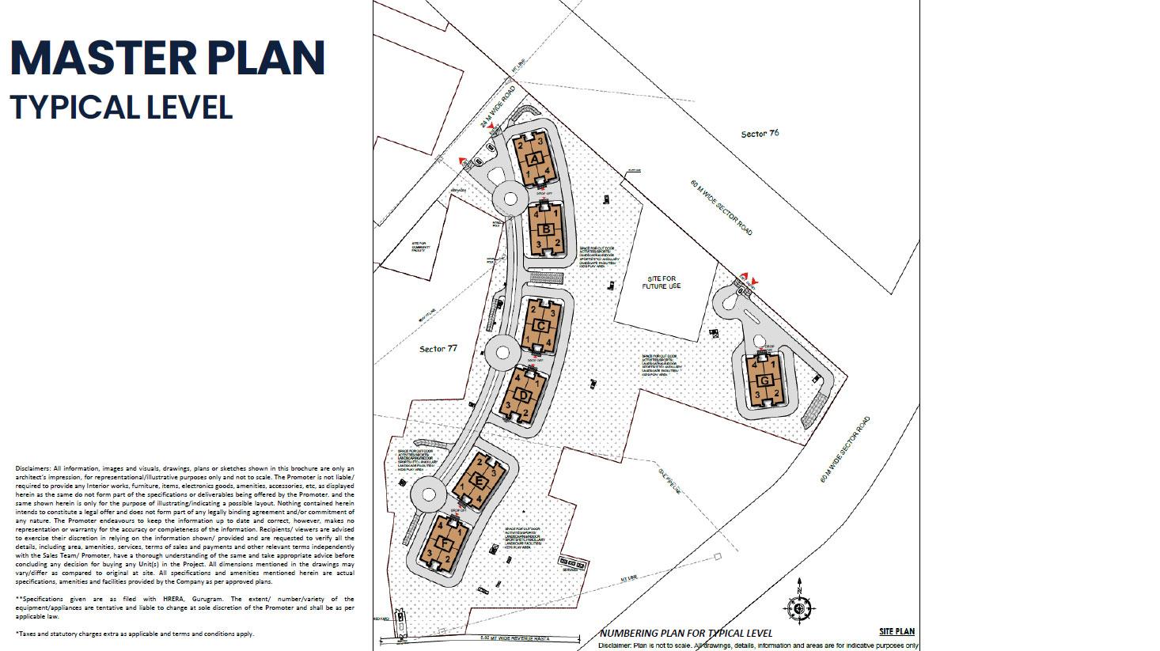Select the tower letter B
(545, 230)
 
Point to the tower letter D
(523, 395)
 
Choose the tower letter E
(479, 481)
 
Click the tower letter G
(764, 380)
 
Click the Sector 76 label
(760, 134)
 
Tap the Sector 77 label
(438, 349)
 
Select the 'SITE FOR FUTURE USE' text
(663, 282)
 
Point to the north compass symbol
(799, 607)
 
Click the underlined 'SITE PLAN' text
(897, 631)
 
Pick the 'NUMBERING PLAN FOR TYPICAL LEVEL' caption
(685, 633)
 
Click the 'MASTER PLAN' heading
(168, 58)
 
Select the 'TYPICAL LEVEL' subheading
(122, 108)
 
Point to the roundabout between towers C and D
(500, 351)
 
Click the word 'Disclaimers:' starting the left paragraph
(33, 468)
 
